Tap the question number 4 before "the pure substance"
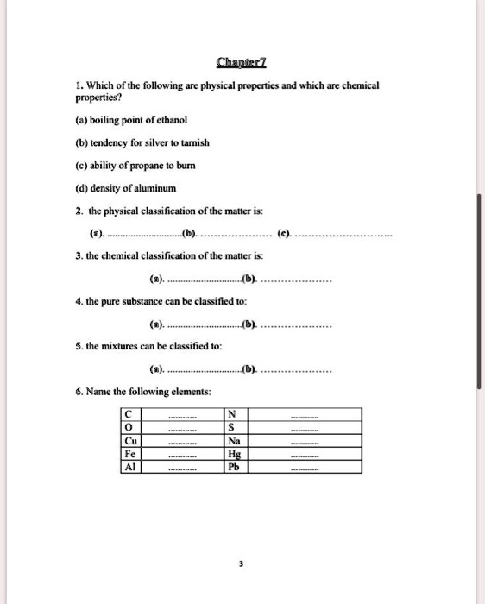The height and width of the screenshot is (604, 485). tap(76, 301)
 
